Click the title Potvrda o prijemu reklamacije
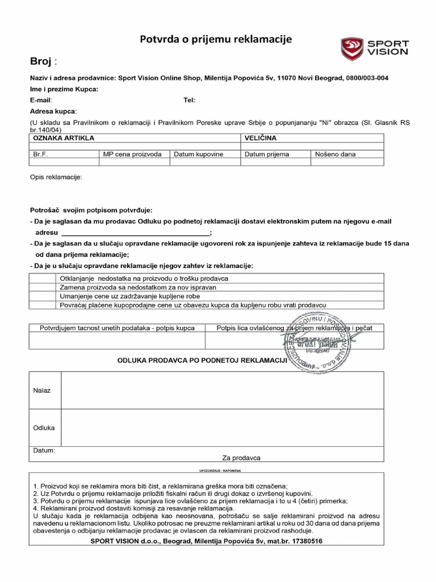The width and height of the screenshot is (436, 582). click(216, 39)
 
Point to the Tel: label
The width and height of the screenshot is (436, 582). click(189, 100)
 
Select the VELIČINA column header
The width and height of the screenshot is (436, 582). click(261, 138)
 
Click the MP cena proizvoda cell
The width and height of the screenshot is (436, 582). click(133, 154)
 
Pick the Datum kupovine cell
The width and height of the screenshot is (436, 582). click(199, 154)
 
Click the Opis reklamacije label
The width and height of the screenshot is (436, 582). click(56, 177)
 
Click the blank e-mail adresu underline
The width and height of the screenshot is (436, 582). click(135, 234)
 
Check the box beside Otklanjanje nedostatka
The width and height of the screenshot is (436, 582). click(42, 278)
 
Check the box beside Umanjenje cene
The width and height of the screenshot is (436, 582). click(42, 296)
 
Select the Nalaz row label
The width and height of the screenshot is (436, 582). click(42, 390)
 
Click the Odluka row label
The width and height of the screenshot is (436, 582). click(44, 427)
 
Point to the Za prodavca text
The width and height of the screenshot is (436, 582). click(241, 458)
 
